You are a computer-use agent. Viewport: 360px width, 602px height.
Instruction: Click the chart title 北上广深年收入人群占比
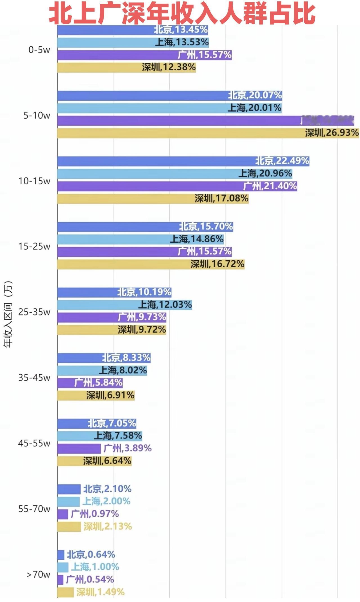[182, 14]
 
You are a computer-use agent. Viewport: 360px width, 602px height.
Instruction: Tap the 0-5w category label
[39, 50]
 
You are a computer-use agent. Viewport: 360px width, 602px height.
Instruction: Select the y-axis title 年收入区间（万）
[8, 314]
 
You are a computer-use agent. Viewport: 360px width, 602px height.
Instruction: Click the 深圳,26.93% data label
[332, 133]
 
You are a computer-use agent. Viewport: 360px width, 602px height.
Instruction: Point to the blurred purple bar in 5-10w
[205, 121]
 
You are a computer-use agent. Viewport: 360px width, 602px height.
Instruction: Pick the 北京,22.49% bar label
[282, 161]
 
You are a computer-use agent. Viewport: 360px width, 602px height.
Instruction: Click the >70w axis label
[39, 574]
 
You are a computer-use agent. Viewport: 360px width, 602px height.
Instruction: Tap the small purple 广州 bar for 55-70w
[63, 514]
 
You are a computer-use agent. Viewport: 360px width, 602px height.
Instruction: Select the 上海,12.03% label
[165, 305]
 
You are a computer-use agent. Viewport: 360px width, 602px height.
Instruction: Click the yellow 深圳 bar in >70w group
[66, 592]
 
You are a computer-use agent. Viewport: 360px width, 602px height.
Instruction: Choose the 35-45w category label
[34, 377]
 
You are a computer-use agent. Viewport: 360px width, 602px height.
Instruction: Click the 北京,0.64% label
[91, 554]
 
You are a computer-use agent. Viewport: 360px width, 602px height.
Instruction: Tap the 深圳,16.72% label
[217, 264]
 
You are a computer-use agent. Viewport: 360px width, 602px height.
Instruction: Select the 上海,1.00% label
[95, 567]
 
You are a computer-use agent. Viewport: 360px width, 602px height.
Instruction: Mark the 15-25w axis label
[34, 246]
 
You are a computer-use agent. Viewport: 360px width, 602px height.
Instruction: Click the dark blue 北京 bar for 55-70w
[69, 489]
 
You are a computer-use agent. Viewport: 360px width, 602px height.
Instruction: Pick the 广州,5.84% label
[98, 382]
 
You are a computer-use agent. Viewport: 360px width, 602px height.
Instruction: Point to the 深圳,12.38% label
[169, 67]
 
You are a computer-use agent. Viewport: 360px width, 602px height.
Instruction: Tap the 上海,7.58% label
[118, 436]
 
